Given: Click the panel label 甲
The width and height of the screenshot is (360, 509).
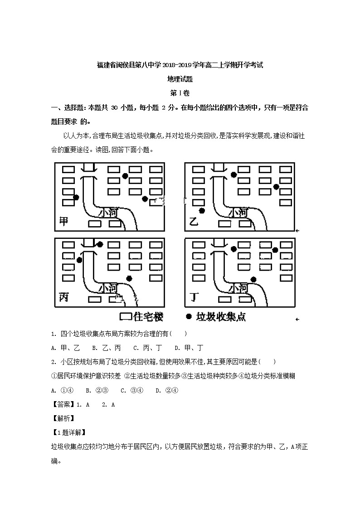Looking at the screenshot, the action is [x=64, y=221].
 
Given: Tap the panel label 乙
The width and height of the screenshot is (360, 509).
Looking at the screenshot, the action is [x=194, y=222].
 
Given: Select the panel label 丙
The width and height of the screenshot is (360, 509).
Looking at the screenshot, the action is [x=64, y=297].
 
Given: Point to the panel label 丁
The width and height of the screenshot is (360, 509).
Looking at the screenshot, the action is [x=194, y=297].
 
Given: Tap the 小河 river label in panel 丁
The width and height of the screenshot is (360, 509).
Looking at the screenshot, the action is [x=238, y=288].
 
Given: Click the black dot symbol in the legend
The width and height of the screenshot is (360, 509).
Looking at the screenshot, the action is [x=188, y=316].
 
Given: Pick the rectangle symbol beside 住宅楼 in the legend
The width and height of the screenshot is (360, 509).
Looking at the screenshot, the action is [x=125, y=316].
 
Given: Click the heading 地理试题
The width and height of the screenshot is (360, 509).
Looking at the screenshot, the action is [x=180, y=79].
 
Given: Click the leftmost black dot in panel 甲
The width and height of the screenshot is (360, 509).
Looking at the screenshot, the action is [x=76, y=197].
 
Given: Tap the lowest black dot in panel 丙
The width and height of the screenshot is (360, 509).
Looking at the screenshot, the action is [x=129, y=278].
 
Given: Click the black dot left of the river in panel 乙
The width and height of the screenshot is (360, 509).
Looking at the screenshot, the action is [x=202, y=211].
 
